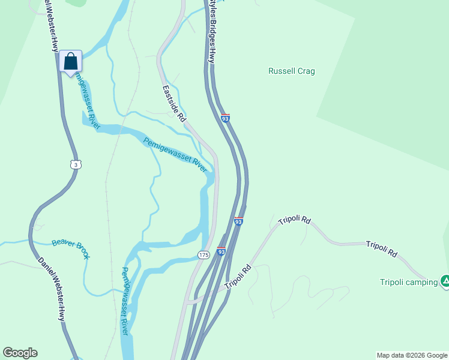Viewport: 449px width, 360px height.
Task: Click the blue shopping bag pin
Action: point(71,62)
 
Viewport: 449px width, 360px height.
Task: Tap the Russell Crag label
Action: point(291,71)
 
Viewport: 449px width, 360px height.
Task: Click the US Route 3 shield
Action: point(74,164)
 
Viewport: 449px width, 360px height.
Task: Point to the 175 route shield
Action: point(203,255)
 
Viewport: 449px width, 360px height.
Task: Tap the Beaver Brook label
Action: point(71,248)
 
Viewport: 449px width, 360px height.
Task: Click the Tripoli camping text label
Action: point(408,282)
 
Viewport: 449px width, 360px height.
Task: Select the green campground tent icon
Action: point(445,280)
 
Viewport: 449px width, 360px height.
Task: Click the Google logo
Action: point(20,353)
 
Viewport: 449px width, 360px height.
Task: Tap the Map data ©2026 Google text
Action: point(412,355)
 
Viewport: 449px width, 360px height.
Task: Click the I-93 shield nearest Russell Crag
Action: point(225,118)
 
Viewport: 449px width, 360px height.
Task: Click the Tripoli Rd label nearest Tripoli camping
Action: point(382,248)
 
